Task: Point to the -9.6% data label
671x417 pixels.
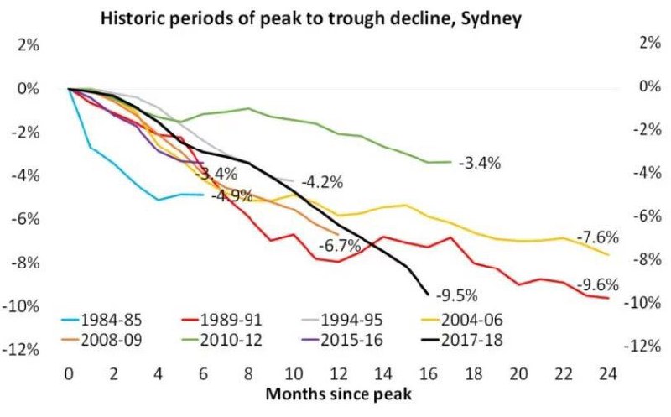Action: coord(597,284)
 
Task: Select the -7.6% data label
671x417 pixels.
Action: coord(597,237)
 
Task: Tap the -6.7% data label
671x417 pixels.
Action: coord(340,246)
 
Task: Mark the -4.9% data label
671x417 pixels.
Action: coord(226,198)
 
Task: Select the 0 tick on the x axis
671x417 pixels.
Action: coord(69,371)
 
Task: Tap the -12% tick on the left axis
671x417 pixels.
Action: coord(24,349)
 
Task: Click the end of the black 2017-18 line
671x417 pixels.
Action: coord(428,295)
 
